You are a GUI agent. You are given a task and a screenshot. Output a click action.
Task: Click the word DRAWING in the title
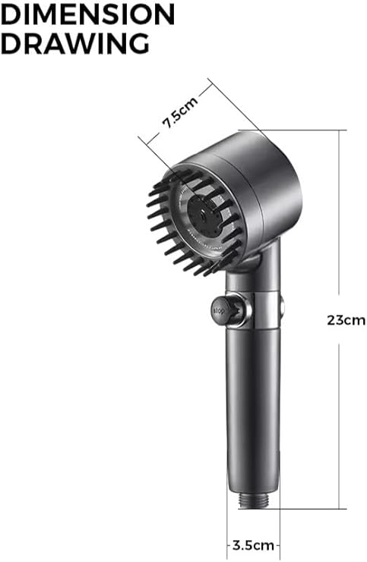(74, 42)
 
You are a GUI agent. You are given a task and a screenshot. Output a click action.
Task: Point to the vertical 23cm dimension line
(338, 228)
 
